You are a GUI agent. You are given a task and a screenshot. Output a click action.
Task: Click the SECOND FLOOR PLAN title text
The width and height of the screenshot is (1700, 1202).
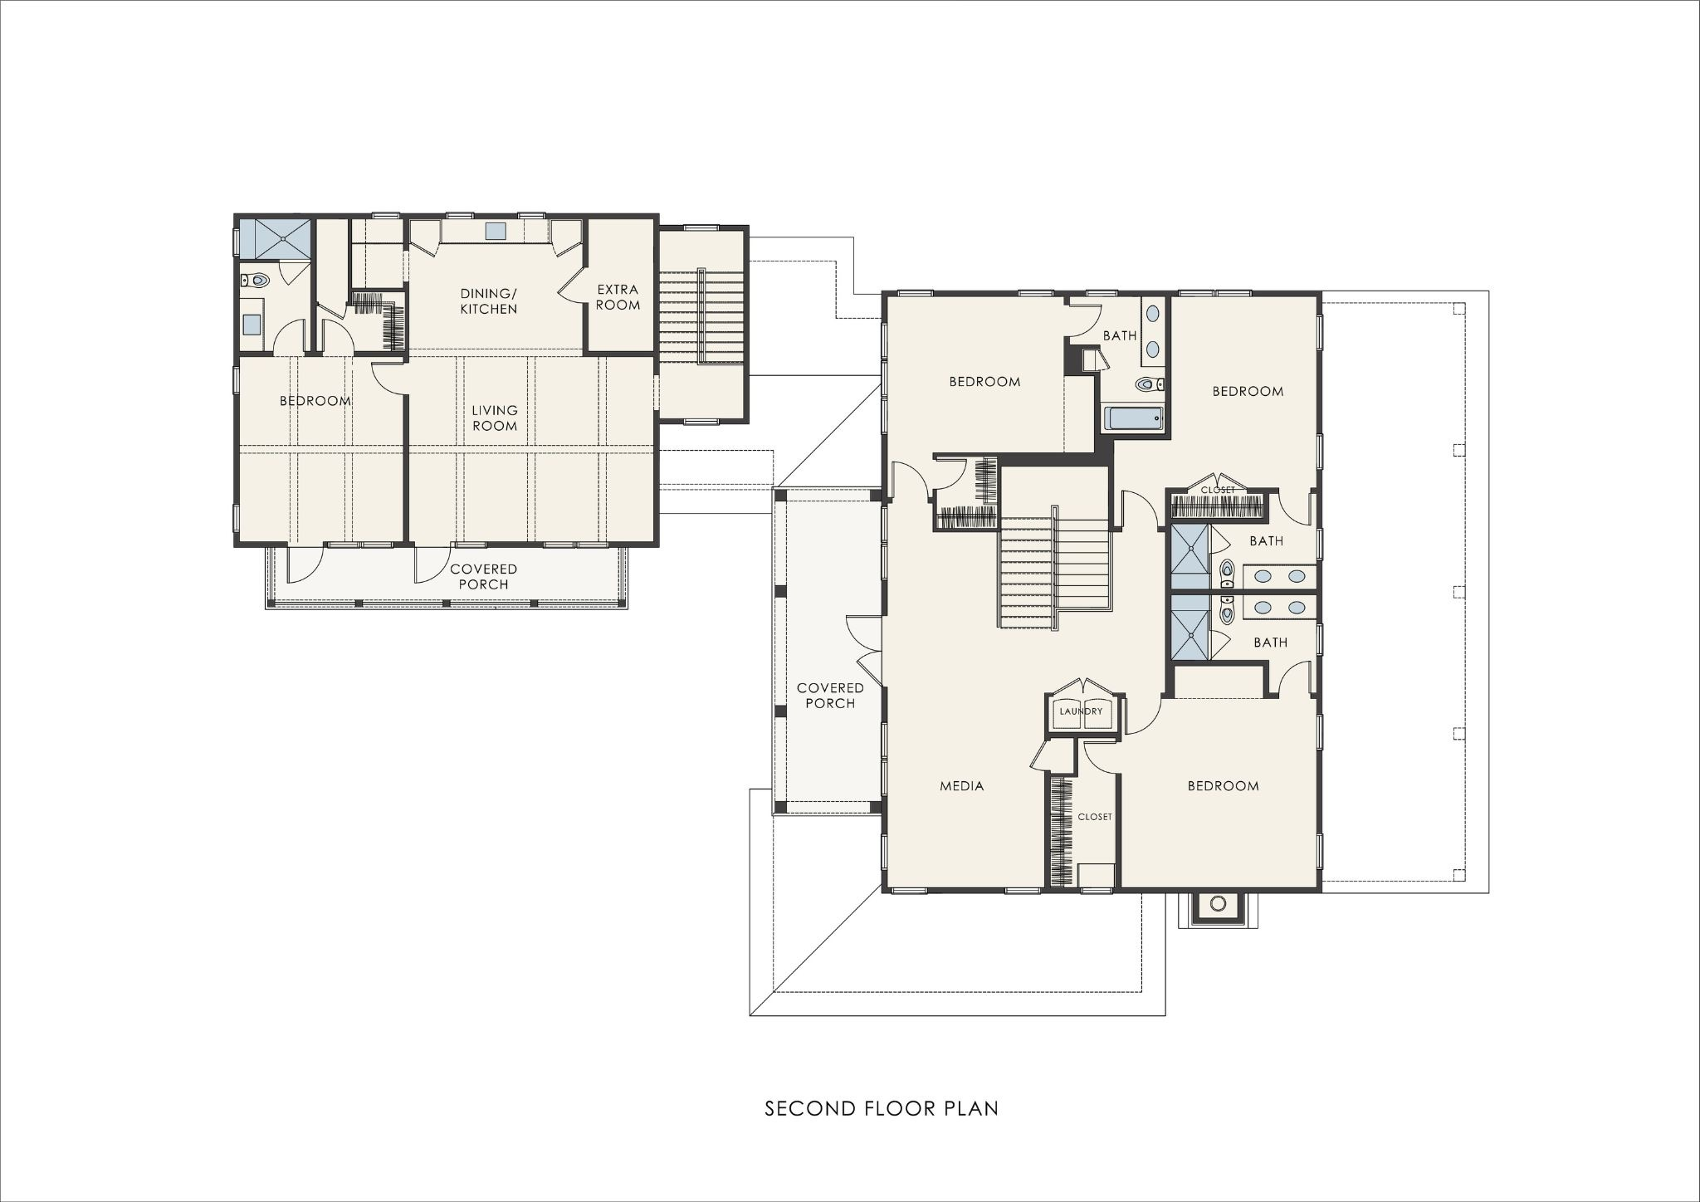[882, 1108]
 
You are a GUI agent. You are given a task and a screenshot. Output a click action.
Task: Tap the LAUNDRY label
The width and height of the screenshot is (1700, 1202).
[1081, 711]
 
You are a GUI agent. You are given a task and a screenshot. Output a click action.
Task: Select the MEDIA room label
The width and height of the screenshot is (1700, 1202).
[962, 785]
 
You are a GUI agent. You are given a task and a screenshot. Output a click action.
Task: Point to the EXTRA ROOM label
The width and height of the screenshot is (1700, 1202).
[618, 297]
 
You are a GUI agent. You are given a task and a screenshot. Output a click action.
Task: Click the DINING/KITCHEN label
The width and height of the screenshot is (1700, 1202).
[489, 301]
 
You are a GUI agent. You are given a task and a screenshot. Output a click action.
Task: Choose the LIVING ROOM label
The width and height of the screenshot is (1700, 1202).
[495, 418]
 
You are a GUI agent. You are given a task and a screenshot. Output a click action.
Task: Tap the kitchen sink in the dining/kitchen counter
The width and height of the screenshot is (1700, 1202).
[496, 231]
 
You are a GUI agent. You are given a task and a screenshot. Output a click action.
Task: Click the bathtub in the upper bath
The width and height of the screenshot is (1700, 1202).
[1133, 418]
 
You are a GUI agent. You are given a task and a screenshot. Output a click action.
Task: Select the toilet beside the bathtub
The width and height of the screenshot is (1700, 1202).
[1150, 384]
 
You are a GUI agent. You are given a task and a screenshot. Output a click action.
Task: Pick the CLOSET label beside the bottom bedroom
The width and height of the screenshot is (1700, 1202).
[1095, 817]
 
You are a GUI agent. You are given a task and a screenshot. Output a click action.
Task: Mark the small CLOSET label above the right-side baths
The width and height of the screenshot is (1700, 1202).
[1218, 491]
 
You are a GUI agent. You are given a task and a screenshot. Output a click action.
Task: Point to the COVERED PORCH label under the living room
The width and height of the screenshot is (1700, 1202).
[484, 576]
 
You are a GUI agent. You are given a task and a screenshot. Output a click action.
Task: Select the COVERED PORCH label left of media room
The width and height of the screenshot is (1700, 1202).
[830, 695]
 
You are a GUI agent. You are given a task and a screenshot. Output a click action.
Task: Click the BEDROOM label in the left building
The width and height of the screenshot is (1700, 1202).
[315, 401]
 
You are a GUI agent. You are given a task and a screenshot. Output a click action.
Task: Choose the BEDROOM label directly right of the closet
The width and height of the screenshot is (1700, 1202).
[1223, 785]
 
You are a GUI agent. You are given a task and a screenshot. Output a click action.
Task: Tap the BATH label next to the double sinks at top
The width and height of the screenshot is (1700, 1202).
[1120, 335]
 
